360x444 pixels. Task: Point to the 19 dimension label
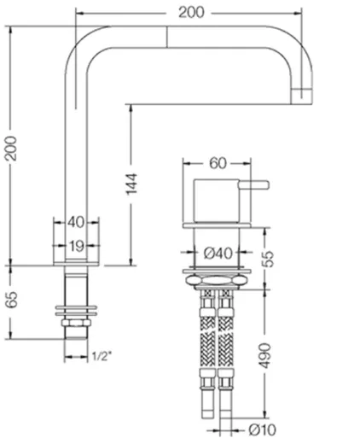tap(76, 246)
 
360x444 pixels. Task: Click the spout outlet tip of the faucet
tap(304, 93)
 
